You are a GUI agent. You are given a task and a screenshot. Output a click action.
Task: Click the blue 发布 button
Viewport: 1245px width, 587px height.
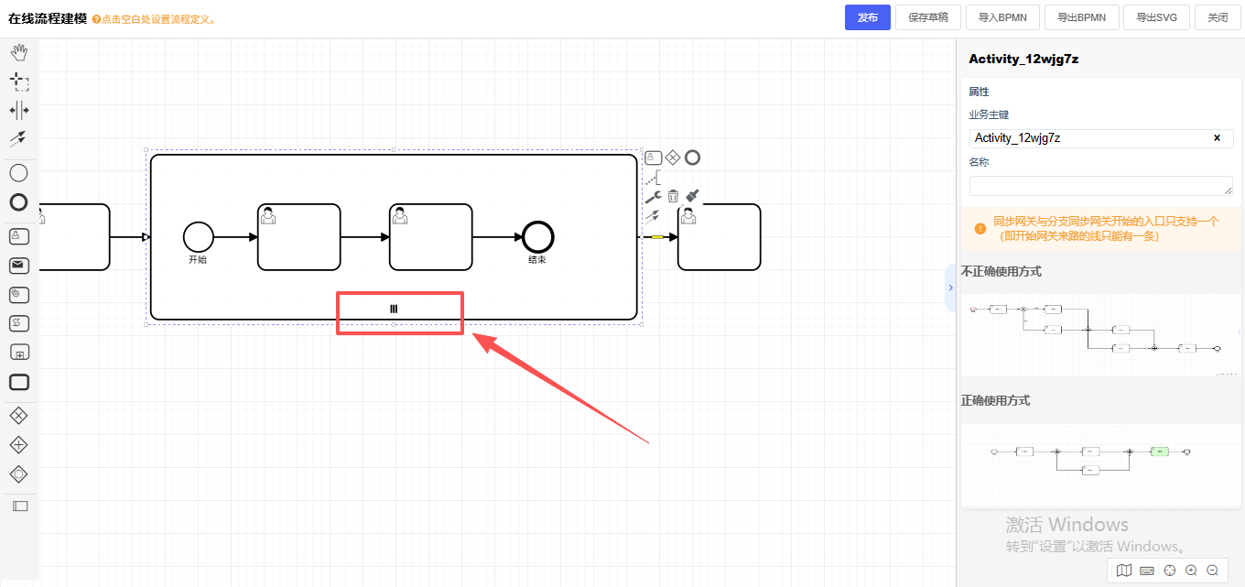click(x=867, y=17)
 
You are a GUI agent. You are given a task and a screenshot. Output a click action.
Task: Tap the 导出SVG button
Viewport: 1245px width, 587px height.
click(x=1156, y=17)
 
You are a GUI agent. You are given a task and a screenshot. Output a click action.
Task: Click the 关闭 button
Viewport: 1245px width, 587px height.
click(x=1218, y=17)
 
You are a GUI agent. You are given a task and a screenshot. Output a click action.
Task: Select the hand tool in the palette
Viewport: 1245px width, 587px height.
click(x=18, y=52)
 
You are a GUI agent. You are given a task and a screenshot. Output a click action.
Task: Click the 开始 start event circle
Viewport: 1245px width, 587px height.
click(x=198, y=237)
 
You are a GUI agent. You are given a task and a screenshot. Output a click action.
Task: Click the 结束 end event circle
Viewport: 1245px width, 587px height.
click(x=538, y=237)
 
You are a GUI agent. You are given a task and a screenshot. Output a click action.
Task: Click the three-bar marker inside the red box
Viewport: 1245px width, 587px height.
click(x=394, y=309)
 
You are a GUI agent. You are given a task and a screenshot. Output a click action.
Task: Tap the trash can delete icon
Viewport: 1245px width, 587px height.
click(x=673, y=196)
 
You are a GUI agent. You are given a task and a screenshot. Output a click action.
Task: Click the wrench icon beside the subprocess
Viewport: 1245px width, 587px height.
click(x=652, y=196)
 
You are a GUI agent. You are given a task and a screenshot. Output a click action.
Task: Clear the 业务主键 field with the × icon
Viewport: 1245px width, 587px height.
click(x=1217, y=138)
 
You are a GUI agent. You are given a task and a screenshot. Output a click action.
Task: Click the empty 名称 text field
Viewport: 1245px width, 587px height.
click(x=1100, y=186)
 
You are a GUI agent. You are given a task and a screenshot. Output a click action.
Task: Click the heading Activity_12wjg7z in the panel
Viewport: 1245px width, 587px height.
click(x=1023, y=59)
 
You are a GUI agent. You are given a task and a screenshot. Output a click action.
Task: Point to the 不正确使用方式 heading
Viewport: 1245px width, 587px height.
click(x=1001, y=272)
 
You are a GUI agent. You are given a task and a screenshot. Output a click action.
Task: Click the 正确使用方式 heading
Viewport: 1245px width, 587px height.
click(x=995, y=401)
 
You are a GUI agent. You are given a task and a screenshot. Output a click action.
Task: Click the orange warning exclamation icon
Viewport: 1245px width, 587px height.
click(x=980, y=223)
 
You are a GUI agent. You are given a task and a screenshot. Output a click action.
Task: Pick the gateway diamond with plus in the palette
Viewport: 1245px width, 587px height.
click(x=18, y=445)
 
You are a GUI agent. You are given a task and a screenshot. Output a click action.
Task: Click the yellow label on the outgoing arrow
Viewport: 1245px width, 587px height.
click(x=657, y=237)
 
